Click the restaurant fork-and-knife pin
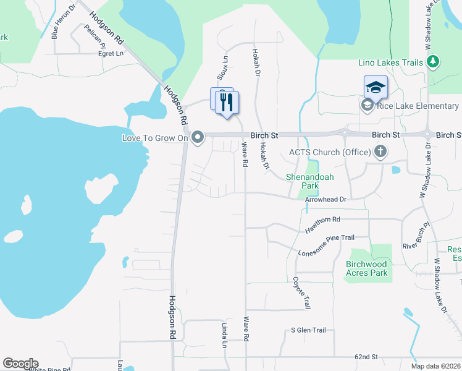(227, 102)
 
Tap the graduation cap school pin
(376, 87)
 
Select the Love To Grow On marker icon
(198, 137)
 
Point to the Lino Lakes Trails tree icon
(433, 62)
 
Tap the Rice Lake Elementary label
(418, 106)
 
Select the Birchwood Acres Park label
(367, 268)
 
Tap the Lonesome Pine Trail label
(326, 245)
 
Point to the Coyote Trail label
(301, 293)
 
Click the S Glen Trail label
(308, 330)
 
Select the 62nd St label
(366, 357)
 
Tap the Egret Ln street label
(111, 54)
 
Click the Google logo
(20, 364)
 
